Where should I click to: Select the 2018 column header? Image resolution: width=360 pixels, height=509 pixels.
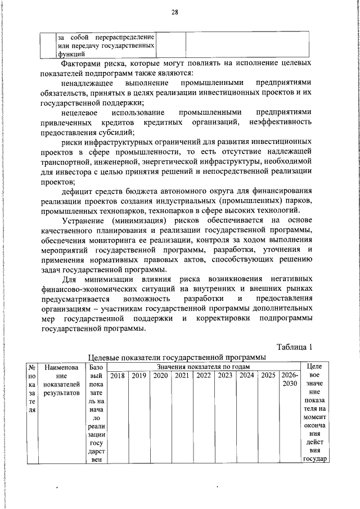[118, 375]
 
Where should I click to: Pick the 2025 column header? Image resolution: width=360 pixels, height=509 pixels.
[268, 375]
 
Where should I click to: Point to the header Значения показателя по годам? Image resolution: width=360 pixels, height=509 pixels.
[204, 367]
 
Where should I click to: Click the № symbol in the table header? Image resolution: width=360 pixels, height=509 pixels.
[32, 367]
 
